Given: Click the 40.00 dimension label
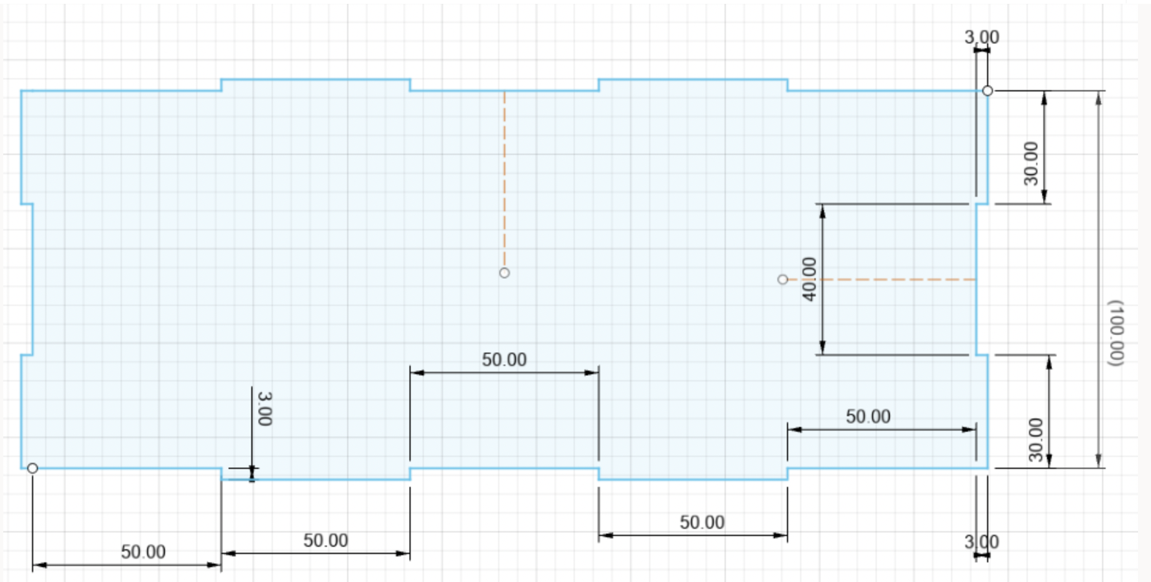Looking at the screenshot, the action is [809, 279].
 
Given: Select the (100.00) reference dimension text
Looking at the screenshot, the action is [1115, 333].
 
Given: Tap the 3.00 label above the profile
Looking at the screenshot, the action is [982, 37].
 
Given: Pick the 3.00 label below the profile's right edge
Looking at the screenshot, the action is [982, 542].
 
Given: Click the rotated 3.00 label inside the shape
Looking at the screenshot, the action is [264, 408].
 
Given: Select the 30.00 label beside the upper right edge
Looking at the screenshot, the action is [1030, 163].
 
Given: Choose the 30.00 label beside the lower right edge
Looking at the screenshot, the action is [1036, 439].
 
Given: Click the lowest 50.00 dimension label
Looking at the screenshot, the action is [143, 552].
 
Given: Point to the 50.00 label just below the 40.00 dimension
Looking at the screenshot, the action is [868, 416].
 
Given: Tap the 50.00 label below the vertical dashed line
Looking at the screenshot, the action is [504, 359].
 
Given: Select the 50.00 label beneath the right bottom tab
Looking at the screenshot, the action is [702, 522].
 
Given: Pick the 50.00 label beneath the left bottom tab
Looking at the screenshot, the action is [325, 540].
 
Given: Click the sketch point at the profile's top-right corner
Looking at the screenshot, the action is [987, 91].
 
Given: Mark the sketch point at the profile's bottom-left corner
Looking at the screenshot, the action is [32, 468].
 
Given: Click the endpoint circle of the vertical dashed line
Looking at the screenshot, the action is [504, 273].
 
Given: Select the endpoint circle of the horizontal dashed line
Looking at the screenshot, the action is [783, 279].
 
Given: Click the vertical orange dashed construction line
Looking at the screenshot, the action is [504, 180].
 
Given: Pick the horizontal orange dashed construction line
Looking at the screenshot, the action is [882, 279].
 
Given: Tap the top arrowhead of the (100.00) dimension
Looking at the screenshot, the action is [1099, 98].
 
